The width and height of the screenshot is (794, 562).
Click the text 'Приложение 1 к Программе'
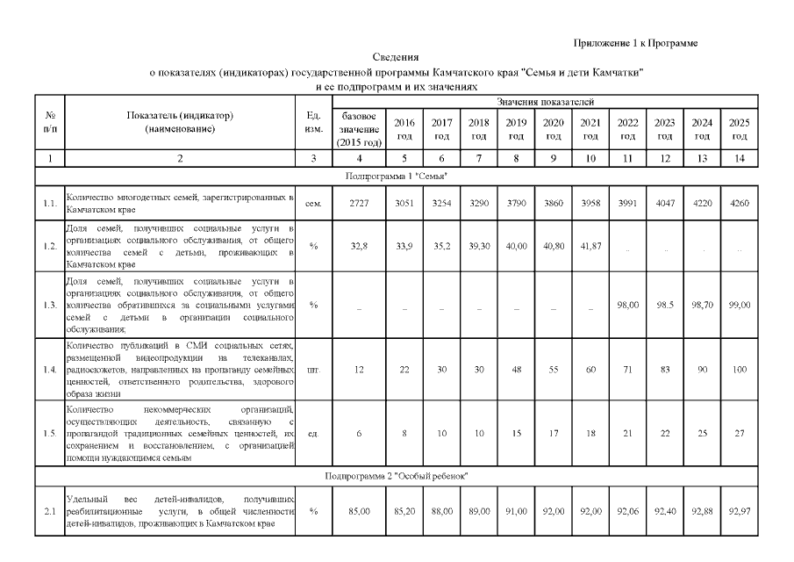636,43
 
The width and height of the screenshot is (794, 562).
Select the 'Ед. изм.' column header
313,123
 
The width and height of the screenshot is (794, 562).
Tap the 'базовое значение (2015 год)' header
359,129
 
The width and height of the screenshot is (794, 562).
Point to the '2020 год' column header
553,129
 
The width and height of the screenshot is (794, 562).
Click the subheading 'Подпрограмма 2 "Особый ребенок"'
397,475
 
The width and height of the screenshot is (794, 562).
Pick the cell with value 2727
359,204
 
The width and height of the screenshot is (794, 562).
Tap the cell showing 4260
739,204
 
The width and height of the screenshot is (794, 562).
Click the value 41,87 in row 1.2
590,247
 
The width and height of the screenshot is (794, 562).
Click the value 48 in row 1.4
516,371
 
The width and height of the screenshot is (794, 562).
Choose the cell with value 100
739,371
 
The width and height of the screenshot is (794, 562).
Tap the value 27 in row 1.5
739,433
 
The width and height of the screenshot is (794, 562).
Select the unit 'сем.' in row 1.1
313,204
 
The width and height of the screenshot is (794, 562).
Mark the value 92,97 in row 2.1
739,509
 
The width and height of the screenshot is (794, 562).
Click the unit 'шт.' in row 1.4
313,371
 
